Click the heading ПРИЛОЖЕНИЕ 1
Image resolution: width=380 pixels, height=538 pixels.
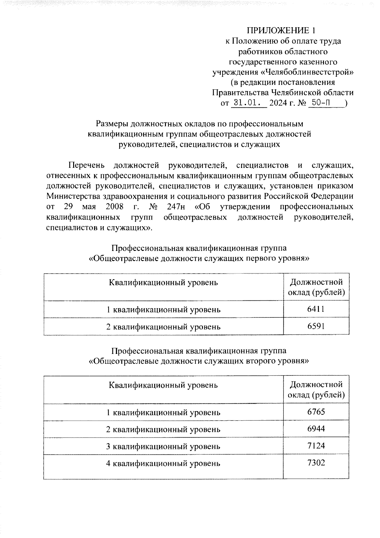281,31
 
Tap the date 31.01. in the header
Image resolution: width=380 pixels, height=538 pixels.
249,103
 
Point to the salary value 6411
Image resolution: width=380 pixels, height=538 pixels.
316,309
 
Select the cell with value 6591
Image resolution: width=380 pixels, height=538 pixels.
316,326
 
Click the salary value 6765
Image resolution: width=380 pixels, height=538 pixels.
316,412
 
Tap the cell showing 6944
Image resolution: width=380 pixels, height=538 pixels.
316,429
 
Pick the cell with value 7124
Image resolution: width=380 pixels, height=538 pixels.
316,446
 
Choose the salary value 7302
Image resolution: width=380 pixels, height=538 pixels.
316,463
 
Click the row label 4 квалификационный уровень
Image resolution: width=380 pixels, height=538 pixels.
163,464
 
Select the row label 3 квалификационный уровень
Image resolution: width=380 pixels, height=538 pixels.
163,446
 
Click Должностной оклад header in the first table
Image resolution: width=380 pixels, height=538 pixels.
316,287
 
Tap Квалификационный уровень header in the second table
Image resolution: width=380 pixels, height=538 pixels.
163,385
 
